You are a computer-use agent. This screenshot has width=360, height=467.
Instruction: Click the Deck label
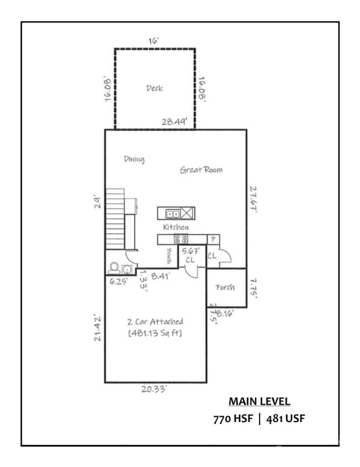pyautogui.click(x=154, y=88)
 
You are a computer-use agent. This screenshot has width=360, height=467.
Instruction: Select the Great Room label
pyautogui.click(x=201, y=170)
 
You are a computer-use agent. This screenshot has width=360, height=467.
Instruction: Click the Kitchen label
pyautogui.click(x=175, y=226)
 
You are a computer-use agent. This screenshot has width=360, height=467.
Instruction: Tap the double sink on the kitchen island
pyautogui.click(x=172, y=213)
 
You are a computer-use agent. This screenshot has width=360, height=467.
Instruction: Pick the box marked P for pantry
pyautogui.click(x=213, y=239)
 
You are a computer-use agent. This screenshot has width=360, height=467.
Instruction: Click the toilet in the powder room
pyautogui.click(x=114, y=268)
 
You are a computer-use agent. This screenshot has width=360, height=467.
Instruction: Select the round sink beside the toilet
pyautogui.click(x=127, y=269)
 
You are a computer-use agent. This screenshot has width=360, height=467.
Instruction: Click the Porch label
pyautogui.click(x=225, y=288)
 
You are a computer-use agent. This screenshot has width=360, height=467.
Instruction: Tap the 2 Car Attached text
pyautogui.click(x=155, y=321)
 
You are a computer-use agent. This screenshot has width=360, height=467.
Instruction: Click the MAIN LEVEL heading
pyautogui.click(x=258, y=402)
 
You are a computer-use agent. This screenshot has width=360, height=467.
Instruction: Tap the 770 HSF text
pyautogui.click(x=232, y=419)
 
